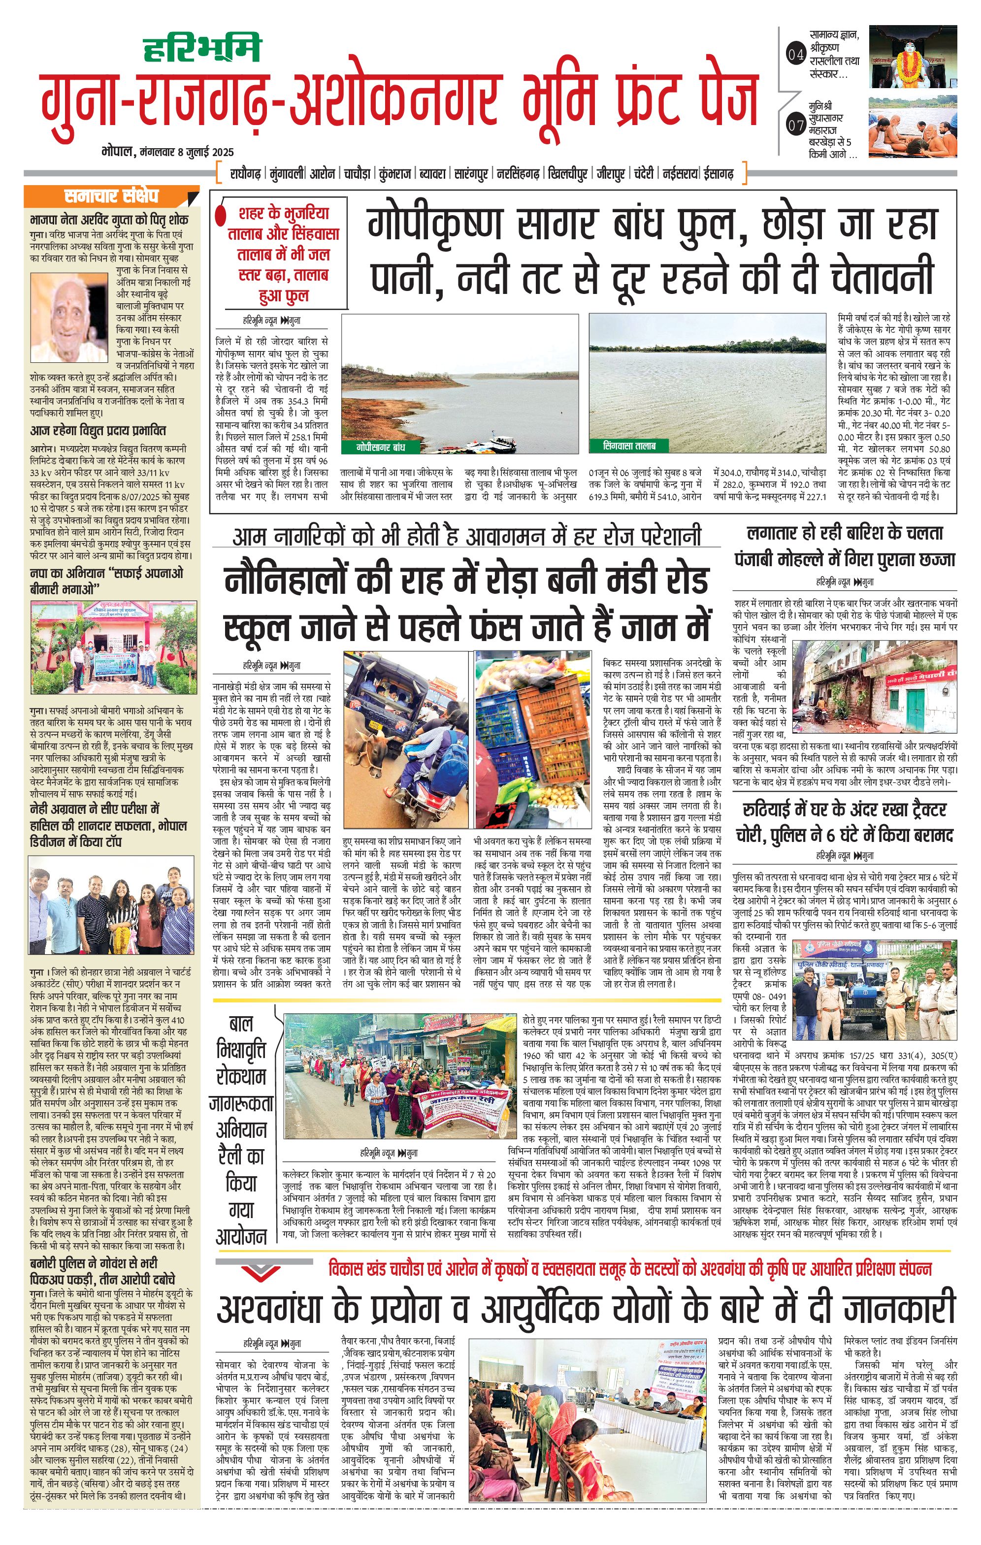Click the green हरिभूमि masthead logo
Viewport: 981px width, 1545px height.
[202, 49]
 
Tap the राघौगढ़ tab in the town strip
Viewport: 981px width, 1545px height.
[246, 173]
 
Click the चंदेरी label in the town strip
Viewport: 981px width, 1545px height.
[642, 173]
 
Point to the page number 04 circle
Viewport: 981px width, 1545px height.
[795, 55]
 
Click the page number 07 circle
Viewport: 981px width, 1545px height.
[795, 125]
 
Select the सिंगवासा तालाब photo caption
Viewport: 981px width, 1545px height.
[629, 445]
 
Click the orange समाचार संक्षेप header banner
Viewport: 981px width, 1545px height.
[110, 195]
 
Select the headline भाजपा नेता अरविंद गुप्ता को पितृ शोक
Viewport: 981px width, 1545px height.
[109, 220]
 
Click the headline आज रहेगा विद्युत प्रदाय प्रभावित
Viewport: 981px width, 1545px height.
[98, 430]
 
